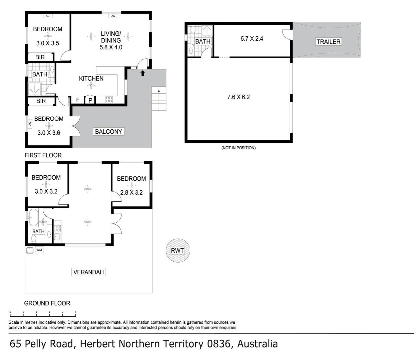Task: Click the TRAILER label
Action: pyautogui.click(x=328, y=42)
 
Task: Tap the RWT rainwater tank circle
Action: pyautogui.click(x=177, y=250)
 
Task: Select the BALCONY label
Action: pyautogui.click(x=108, y=132)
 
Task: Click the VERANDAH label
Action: pyautogui.click(x=88, y=272)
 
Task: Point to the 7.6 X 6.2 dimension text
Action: pyautogui.click(x=238, y=97)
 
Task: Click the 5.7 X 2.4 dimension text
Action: pyautogui.click(x=252, y=39)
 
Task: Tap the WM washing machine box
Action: pyautogui.click(x=39, y=250)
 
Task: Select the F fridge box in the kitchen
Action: pyautogui.click(x=78, y=100)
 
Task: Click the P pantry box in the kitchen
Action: pyautogui.click(x=90, y=100)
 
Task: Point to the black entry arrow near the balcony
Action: pyautogui.click(x=143, y=73)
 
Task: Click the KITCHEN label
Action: pyautogui.click(x=91, y=78)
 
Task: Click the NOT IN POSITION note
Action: pyautogui.click(x=238, y=148)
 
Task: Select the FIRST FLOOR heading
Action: pyautogui.click(x=43, y=155)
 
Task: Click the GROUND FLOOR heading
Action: pyautogui.click(x=47, y=303)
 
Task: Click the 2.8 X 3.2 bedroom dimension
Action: pyautogui.click(x=131, y=192)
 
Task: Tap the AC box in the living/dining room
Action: pyautogui.click(x=113, y=16)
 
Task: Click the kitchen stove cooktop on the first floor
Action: pyautogui.click(x=109, y=99)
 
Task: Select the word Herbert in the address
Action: pyautogui.click(x=98, y=344)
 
